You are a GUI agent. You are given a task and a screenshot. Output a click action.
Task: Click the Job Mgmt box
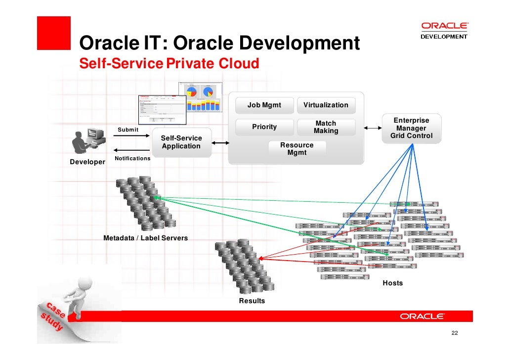pyautogui.click(x=264, y=105)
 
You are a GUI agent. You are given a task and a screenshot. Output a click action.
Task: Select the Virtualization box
pyautogui.click(x=326, y=105)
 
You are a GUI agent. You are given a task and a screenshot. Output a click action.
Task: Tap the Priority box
pyautogui.click(x=264, y=127)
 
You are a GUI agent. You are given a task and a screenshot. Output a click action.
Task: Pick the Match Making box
pyautogui.click(x=326, y=127)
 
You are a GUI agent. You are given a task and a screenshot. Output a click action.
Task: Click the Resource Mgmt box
pyautogui.click(x=297, y=149)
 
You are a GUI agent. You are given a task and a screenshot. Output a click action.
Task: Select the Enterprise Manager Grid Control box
pyautogui.click(x=411, y=128)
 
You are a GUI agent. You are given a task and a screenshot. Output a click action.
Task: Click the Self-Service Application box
pyautogui.click(x=181, y=142)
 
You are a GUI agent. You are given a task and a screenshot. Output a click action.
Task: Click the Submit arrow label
pyautogui.click(x=128, y=130)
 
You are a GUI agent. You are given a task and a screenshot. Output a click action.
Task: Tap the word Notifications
pyautogui.click(x=132, y=158)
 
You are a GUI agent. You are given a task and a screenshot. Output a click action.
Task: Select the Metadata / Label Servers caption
pyautogui.click(x=145, y=238)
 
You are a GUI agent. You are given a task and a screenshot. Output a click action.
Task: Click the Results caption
pyautogui.click(x=252, y=301)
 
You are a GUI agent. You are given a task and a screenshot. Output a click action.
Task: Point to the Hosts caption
pyautogui.click(x=392, y=283)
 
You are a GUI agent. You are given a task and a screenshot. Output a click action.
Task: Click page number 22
pyautogui.click(x=455, y=333)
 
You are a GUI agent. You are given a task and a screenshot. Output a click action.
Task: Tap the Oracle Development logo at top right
pyautogui.click(x=444, y=30)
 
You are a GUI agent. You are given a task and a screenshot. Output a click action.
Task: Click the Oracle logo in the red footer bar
pyautogui.click(x=422, y=316)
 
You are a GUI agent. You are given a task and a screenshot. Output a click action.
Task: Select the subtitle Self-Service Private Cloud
pyautogui.click(x=169, y=64)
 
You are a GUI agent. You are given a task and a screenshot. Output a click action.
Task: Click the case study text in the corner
pyautogui.click(x=52, y=316)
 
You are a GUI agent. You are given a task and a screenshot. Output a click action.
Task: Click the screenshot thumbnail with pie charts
pyautogui.click(x=200, y=97)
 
